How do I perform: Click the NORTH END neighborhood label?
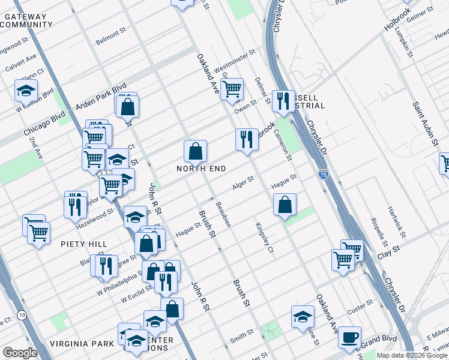201,169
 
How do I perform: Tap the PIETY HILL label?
84,244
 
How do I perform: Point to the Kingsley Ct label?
264,238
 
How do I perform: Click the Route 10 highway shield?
22,315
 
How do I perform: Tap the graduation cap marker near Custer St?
303,316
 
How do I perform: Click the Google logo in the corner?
20,353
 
